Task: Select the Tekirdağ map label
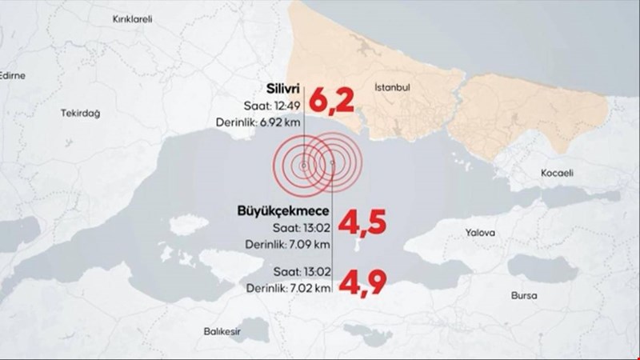[80, 114]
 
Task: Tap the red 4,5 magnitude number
[357, 223]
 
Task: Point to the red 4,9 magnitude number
[357, 282]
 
